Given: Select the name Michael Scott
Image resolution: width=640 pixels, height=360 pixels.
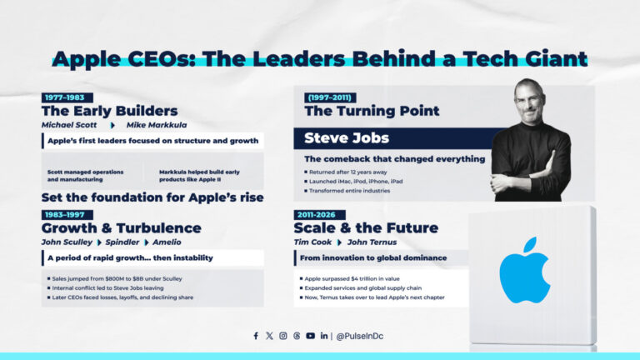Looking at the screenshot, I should click(70, 124).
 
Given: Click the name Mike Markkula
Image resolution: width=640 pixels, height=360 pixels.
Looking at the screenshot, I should click(156, 124).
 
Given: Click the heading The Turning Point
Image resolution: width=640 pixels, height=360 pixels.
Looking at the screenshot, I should click(372, 111).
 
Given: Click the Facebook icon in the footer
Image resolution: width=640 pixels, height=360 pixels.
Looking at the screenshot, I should click(256, 336).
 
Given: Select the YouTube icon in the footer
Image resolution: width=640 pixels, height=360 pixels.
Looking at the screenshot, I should click(310, 336).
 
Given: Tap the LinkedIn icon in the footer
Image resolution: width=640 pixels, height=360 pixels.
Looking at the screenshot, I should click(323, 336).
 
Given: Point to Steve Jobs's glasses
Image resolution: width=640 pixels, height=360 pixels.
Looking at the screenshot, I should click(530, 101).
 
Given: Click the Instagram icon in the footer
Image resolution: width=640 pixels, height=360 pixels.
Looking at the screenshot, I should click(283, 336).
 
